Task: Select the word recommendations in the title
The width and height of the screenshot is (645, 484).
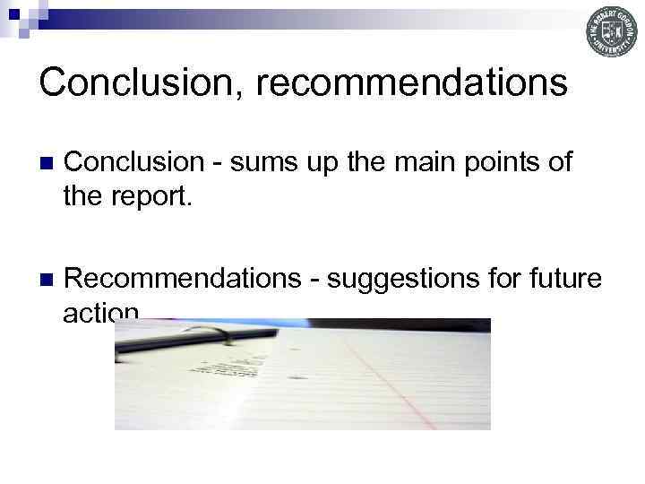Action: (411, 82)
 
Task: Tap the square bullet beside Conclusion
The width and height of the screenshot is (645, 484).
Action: (46, 163)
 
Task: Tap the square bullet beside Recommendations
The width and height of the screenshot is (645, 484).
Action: (46, 281)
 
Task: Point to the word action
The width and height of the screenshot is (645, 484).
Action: (100, 311)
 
